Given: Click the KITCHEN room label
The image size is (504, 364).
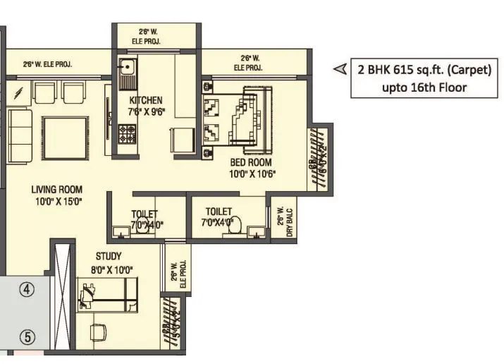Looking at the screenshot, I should point(147,100).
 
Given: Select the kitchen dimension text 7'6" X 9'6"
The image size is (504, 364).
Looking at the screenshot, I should point(147,111).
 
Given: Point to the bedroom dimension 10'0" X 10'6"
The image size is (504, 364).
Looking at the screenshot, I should point(252,173).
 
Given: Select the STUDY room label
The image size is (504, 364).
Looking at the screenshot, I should point(109,256).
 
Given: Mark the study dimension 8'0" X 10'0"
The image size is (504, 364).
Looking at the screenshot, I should point(109,269).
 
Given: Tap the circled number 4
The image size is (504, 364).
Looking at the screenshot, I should point(26,289).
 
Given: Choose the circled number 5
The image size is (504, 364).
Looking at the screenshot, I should point(26,336).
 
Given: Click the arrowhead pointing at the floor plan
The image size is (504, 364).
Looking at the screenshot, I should point(340,69).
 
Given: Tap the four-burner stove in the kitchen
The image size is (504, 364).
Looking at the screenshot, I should point(127,131).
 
